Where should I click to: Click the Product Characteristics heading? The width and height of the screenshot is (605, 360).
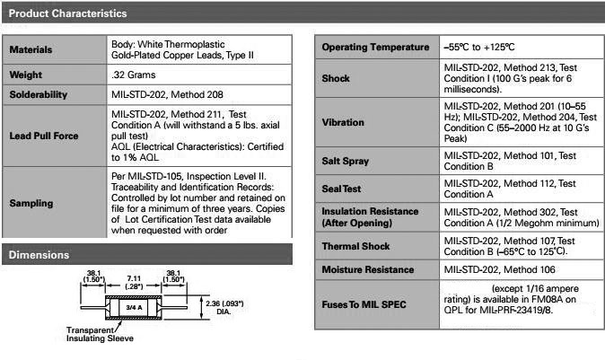(x=67, y=13)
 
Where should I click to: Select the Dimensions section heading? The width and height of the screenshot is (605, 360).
(x=39, y=255)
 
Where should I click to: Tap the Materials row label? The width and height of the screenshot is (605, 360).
(x=31, y=49)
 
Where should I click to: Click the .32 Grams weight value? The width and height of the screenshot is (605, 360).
(x=134, y=75)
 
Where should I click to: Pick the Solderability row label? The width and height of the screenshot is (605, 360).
(x=39, y=94)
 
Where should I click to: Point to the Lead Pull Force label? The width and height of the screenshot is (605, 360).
(x=44, y=136)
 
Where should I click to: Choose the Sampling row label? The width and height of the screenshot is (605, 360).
(x=31, y=204)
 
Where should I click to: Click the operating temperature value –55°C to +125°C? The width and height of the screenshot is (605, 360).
(x=479, y=47)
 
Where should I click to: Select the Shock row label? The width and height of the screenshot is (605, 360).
(x=336, y=78)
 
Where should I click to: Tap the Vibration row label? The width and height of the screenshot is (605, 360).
(x=343, y=122)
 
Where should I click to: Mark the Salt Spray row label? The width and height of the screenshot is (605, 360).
(x=346, y=161)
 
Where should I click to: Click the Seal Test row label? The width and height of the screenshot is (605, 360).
(x=341, y=189)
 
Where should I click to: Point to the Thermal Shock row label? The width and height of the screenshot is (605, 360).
(x=355, y=246)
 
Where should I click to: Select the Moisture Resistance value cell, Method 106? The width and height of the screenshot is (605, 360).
(x=500, y=269)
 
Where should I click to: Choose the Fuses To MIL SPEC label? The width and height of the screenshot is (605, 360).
(x=364, y=304)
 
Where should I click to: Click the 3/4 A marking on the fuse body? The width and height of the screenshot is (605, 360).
(x=134, y=308)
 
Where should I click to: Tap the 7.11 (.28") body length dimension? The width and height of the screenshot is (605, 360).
(x=134, y=282)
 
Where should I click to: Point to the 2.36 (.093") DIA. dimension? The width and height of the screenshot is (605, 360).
(x=224, y=307)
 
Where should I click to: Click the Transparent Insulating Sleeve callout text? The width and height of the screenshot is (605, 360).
(x=100, y=334)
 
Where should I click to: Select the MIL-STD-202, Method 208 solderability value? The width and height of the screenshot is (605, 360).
(x=167, y=94)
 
